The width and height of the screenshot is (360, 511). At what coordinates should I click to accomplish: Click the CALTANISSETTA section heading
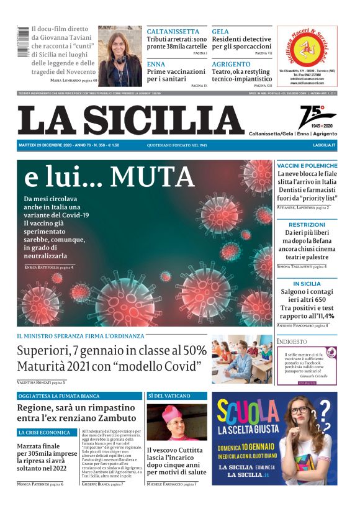point(173,32)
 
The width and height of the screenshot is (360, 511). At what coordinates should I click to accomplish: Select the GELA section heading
point(220,32)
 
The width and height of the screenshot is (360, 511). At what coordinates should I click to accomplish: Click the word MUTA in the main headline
point(152,178)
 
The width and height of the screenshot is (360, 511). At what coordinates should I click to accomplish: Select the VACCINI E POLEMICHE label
point(307,166)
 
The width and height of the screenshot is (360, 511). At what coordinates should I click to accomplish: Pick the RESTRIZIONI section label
point(307,224)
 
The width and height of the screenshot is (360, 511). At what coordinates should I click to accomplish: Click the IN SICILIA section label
point(307,284)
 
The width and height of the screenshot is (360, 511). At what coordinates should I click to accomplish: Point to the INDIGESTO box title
point(292,341)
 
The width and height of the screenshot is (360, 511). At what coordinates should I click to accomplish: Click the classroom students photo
point(241,360)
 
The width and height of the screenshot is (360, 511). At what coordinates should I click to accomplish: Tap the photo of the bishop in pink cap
point(176,422)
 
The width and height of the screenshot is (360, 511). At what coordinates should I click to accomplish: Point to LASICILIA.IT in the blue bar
point(324,145)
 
